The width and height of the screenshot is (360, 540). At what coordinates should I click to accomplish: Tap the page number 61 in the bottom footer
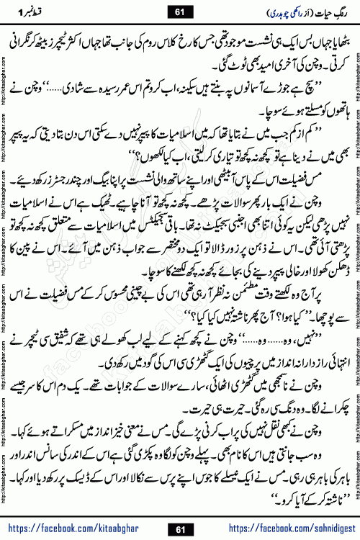pos(180,529)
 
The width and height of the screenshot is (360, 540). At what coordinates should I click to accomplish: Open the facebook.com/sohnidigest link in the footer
pos(295,529)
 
